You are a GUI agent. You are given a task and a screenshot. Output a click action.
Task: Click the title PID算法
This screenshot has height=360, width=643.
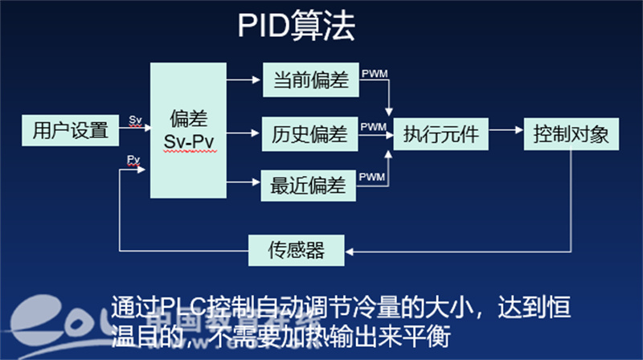tap(296, 27)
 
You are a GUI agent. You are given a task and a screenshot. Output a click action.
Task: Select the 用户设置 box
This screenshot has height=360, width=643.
tap(70, 129)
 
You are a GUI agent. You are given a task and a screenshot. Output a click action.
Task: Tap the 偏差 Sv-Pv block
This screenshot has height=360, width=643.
tap(190, 130)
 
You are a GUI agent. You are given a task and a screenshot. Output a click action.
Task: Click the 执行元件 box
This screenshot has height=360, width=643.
tap(440, 133)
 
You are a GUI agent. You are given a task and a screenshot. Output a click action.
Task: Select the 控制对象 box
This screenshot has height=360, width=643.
tap(571, 133)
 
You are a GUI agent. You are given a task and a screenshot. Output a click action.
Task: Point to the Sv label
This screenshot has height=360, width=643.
tap(135, 120)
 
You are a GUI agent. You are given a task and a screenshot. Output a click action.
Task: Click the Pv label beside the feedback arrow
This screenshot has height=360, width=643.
tap(133, 160)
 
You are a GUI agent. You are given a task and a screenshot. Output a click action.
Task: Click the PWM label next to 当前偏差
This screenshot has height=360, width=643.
tap(374, 74)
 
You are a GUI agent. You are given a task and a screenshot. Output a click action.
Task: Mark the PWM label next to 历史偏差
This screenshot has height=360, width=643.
tap(374, 127)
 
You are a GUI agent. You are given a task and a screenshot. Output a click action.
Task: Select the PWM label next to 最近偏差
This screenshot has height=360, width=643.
tap(374, 177)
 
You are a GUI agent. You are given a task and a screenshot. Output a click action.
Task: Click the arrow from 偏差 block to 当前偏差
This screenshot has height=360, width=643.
tap(245, 80)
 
